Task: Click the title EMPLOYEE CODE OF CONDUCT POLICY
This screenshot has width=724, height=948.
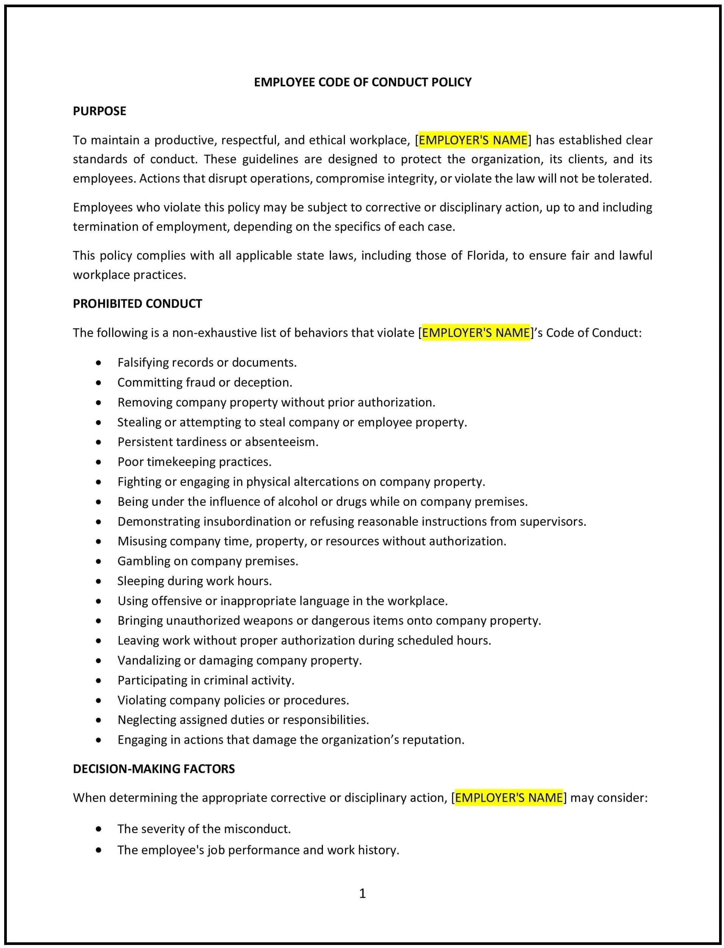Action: point(362,82)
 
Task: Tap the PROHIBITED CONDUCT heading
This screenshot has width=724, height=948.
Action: point(137,304)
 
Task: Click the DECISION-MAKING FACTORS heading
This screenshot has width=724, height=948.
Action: point(154,769)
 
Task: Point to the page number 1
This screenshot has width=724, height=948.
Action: point(362,893)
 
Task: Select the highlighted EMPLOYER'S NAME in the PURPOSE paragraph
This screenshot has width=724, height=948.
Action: point(473,140)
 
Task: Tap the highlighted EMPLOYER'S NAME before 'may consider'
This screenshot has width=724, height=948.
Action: point(509,798)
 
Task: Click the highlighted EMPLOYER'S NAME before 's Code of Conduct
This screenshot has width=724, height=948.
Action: point(475,333)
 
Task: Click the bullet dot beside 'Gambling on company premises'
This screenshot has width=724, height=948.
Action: point(99,561)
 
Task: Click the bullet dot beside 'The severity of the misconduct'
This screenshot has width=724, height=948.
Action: point(99,829)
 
